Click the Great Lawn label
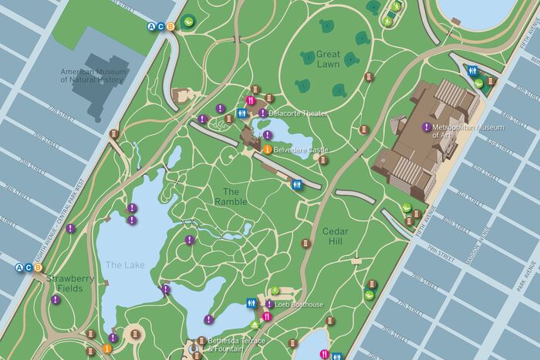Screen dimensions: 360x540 point(328,59)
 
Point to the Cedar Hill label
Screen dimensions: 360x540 point(336,237)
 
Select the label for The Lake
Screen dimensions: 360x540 point(124,265)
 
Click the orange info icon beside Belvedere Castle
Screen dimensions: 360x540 point(267,149)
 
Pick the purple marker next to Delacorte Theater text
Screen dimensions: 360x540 point(263,113)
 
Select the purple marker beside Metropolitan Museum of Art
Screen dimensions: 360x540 point(426,126)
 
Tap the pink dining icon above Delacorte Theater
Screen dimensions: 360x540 point(250,100)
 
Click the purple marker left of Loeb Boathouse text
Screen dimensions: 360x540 point(269,304)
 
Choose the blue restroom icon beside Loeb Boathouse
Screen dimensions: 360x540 point(250,304)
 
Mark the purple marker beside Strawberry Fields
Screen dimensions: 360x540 point(56,299)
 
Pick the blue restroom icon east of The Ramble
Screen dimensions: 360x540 point(296,184)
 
